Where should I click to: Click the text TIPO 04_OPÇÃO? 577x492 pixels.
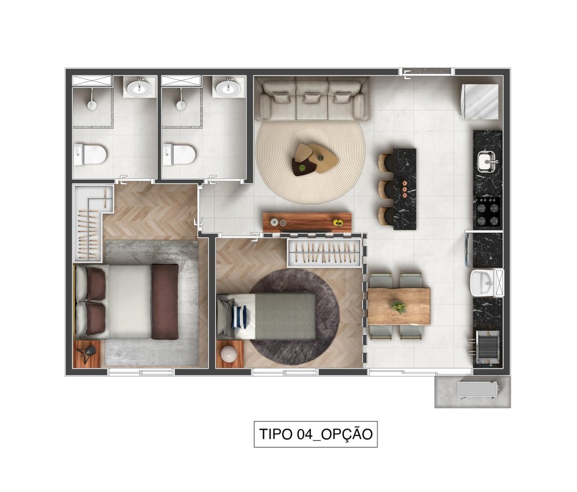click(316, 434)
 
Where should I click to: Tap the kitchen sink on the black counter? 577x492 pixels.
click(488, 162)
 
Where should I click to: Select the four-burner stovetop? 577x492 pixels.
click(488, 211)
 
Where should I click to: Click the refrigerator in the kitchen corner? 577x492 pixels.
click(480, 102)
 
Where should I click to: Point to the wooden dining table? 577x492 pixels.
click(399, 307)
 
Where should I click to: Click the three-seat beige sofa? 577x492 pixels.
click(312, 100)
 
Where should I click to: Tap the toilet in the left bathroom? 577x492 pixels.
click(90, 155)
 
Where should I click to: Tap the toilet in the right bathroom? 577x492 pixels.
click(179, 155)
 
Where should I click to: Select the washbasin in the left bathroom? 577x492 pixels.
click(139, 88)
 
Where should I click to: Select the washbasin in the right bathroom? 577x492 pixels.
click(228, 88)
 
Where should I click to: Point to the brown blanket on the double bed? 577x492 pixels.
click(165, 301)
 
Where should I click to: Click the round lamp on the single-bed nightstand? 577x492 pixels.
click(230, 354)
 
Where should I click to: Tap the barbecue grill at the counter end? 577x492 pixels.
click(486, 348)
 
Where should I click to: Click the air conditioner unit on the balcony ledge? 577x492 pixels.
click(477, 390)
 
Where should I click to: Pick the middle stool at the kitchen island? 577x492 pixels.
click(387, 189)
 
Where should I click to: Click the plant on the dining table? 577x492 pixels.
click(398, 307)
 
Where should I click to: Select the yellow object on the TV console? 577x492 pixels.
click(338, 222)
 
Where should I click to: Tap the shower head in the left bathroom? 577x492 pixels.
click(92, 105)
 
